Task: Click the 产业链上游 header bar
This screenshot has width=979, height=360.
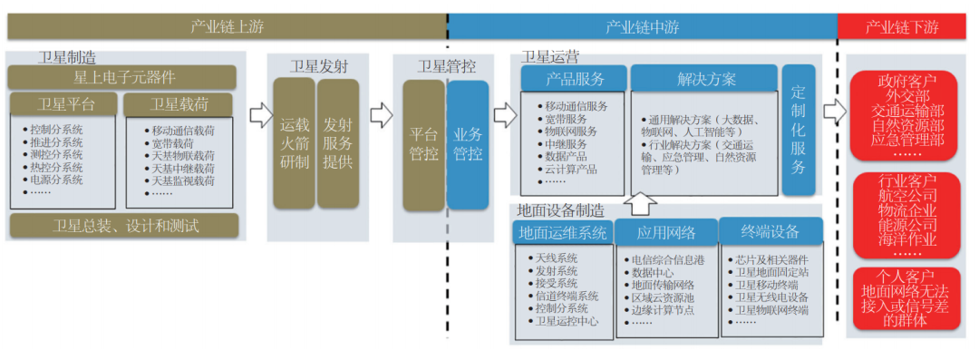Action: click(x=227, y=26)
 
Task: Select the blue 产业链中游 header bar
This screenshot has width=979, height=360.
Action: click(x=642, y=26)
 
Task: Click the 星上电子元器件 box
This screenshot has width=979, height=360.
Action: click(x=123, y=77)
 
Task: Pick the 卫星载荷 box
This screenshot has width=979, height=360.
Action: click(x=178, y=104)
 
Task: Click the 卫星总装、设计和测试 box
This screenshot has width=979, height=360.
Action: click(x=125, y=225)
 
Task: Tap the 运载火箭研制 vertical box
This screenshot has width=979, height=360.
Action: click(x=293, y=143)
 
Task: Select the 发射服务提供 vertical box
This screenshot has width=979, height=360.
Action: click(x=337, y=143)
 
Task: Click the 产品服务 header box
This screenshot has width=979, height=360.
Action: click(x=574, y=78)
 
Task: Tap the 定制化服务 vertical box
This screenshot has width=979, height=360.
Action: click(x=798, y=130)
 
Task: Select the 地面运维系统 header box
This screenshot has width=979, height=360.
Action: click(x=562, y=232)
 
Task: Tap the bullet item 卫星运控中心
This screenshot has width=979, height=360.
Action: click(x=567, y=321)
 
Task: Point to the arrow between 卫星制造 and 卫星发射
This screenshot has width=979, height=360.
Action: click(x=260, y=115)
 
